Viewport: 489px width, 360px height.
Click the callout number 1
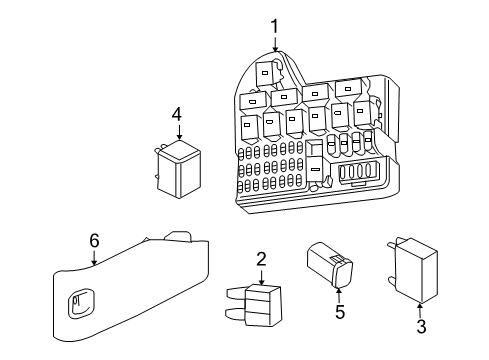click(274, 27)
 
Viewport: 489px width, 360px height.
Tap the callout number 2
click(261, 259)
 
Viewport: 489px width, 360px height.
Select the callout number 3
click(421, 326)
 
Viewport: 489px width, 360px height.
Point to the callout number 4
click(177, 114)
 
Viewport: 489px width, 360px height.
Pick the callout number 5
click(340, 312)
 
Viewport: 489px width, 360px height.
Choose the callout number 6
click(94, 240)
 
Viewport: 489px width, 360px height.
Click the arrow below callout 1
click(275, 44)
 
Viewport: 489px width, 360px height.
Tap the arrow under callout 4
click(180, 132)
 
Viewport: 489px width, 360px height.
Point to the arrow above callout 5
click(339, 295)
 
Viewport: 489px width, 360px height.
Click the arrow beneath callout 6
click(94, 258)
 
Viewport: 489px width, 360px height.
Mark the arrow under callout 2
click(261, 277)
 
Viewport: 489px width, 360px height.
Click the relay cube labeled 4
click(178, 169)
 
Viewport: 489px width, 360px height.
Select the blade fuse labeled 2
click(254, 305)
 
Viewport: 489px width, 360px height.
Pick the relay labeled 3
click(413, 271)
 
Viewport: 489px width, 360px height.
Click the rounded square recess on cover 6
click(81, 302)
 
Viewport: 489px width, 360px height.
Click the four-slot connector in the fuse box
click(357, 172)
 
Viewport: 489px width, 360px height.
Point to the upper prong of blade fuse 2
click(236, 292)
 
